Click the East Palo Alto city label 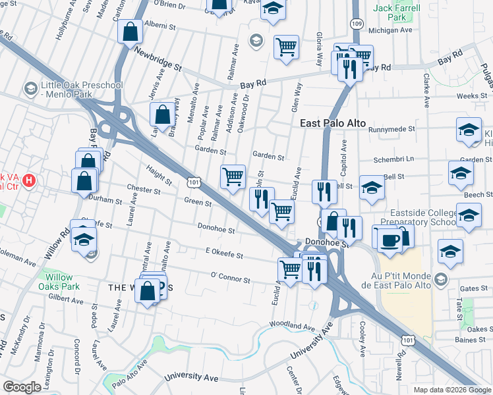332,123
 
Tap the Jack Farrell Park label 392,13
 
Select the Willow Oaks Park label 59,282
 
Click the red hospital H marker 29,180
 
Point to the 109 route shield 357,24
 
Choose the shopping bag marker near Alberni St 130,30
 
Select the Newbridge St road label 158,58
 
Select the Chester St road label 144,192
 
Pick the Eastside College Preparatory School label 422,217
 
